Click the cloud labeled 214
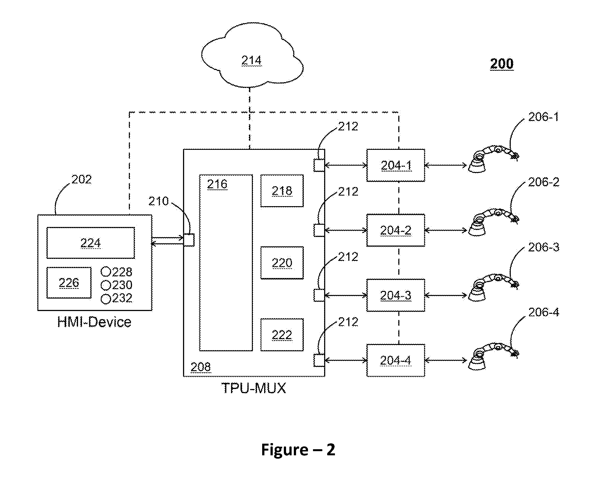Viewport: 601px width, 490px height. point(252,55)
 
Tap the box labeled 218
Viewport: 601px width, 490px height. point(282,191)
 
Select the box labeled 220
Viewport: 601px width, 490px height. point(282,263)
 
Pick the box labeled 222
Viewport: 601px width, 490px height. point(282,335)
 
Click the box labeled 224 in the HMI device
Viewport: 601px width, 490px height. point(91,243)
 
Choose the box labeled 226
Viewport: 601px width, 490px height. point(69,282)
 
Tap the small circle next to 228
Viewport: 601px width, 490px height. point(106,272)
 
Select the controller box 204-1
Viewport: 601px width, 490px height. point(395,165)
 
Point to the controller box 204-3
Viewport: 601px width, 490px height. point(395,295)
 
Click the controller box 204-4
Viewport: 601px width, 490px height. point(395,360)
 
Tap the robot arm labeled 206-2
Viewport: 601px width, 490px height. point(493,223)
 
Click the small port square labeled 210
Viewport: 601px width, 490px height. point(189,240)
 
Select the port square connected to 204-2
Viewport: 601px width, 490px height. point(319,230)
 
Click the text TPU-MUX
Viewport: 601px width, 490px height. point(254,388)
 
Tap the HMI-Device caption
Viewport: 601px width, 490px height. point(94,322)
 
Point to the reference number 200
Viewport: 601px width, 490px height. point(502,64)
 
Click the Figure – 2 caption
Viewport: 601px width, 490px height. point(298,450)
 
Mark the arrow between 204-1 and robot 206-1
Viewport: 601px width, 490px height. point(445,165)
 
